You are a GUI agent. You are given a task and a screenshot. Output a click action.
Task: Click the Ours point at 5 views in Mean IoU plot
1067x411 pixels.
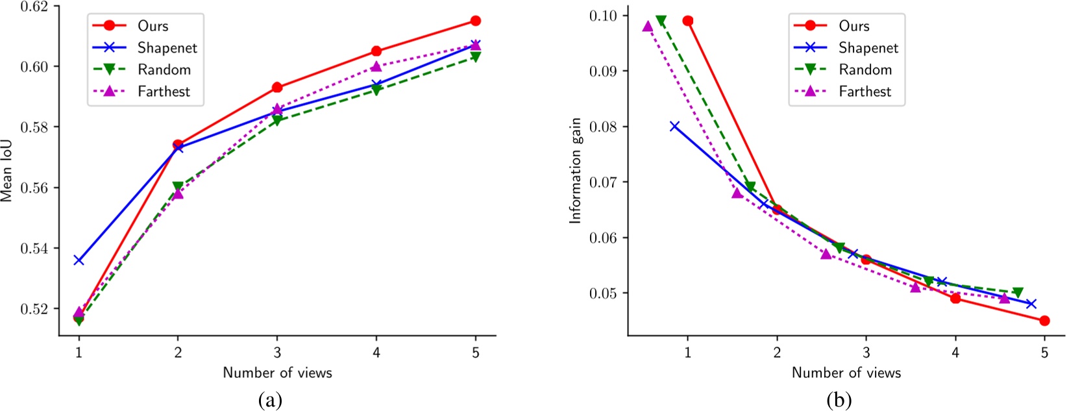(476, 21)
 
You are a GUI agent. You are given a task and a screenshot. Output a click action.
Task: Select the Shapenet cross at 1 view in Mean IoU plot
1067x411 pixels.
(79, 260)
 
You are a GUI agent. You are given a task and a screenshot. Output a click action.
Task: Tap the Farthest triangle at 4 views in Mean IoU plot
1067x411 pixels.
(376, 66)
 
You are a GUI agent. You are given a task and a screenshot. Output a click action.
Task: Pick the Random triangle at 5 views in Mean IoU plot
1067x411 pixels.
(476, 57)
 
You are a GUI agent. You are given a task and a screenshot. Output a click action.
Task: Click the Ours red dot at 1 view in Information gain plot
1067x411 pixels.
(688, 21)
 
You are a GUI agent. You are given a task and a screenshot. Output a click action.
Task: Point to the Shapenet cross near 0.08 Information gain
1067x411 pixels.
(675, 126)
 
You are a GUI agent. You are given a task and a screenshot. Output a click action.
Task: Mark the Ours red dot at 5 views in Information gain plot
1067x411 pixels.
(1044, 320)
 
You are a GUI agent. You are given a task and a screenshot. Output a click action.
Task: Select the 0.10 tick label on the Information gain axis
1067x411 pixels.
(606, 15)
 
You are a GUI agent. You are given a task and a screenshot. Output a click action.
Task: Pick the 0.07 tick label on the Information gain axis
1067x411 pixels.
(606, 182)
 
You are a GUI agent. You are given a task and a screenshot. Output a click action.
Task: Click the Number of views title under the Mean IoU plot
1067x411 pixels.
(277, 373)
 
